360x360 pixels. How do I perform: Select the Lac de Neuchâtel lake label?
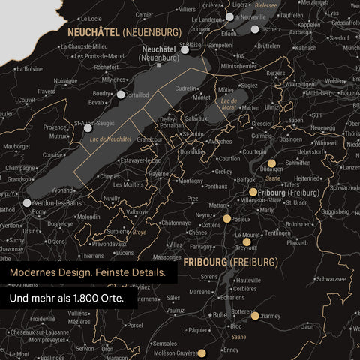[115, 139]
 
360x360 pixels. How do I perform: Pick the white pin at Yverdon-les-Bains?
[28, 202]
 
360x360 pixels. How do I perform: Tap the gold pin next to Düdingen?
[271, 163]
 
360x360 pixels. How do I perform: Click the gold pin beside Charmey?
[255, 316]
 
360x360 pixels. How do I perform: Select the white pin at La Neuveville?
[229, 16]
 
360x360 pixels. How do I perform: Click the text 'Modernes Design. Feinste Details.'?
[88, 273]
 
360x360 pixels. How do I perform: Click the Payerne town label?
[158, 173]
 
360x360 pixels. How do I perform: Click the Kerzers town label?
[276, 73]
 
